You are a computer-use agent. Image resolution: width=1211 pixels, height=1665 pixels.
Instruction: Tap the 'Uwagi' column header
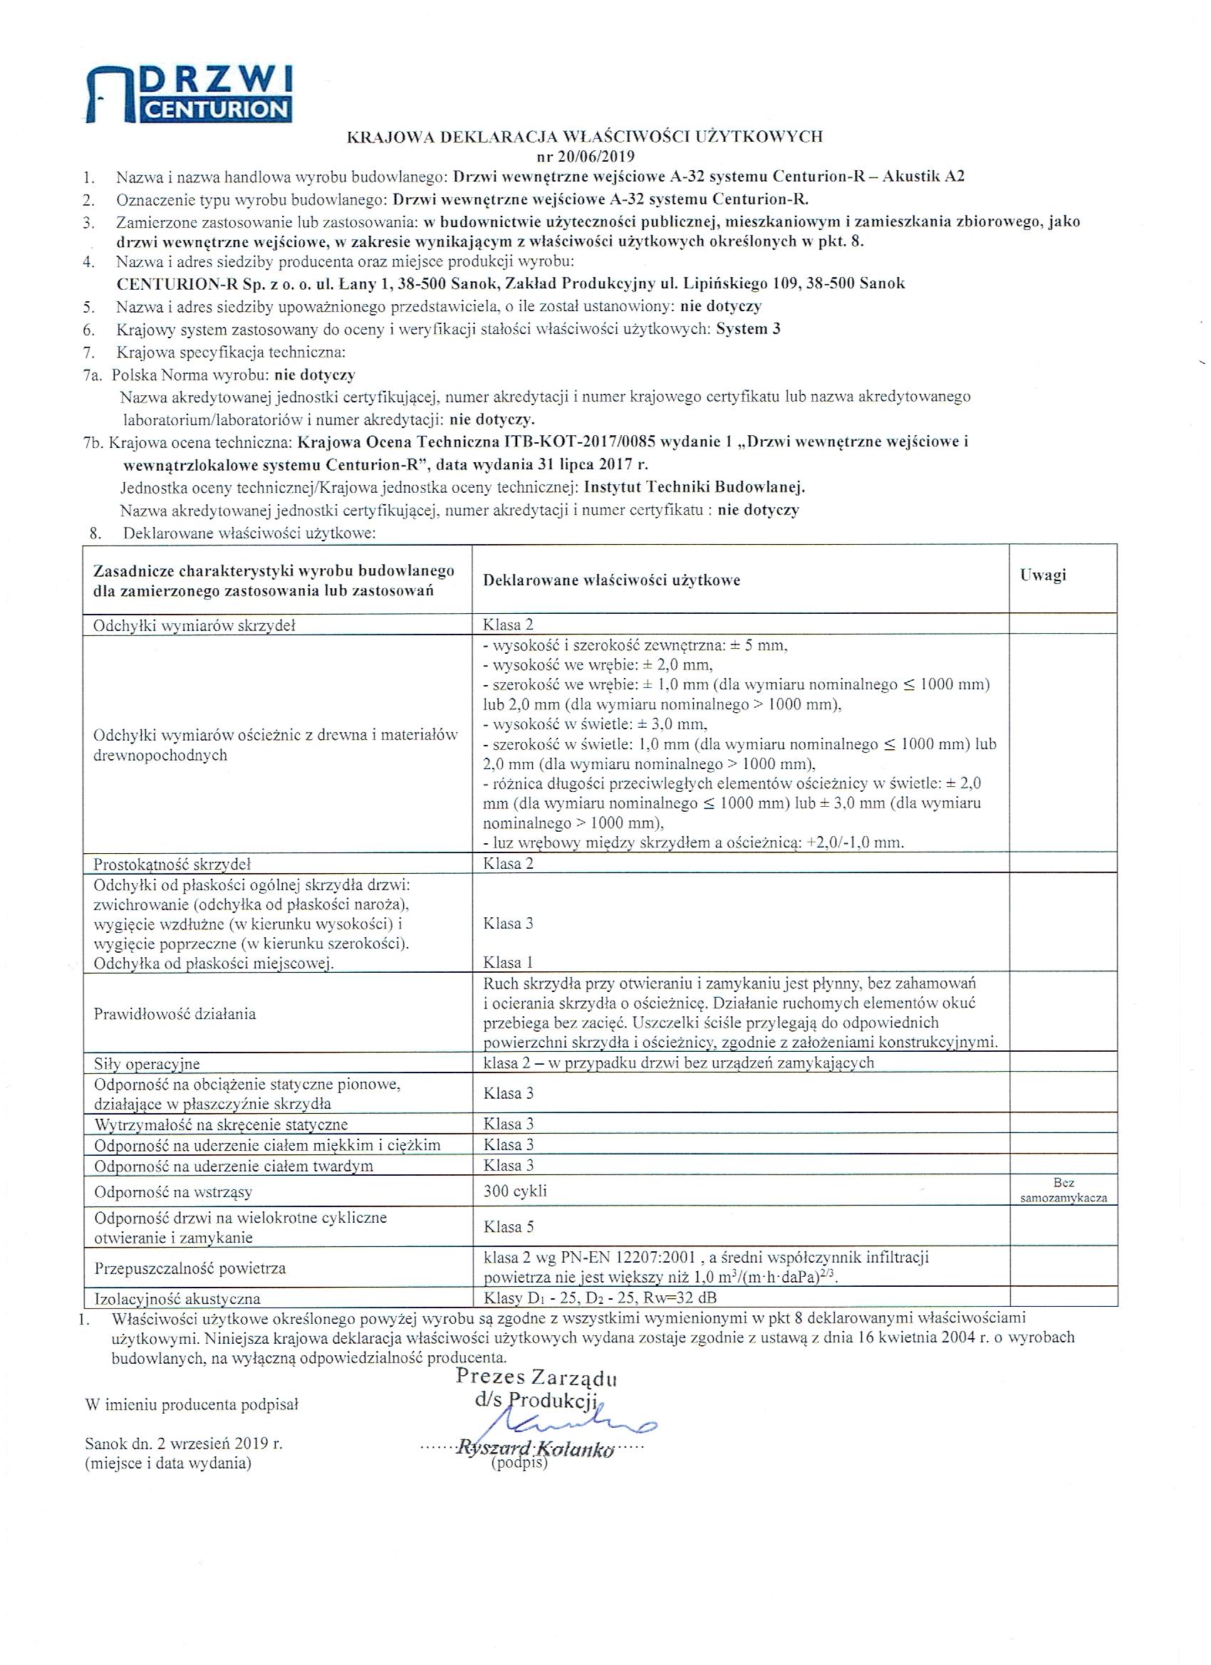coord(1042,575)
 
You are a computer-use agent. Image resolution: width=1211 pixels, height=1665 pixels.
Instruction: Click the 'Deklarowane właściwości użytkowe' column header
coord(611,580)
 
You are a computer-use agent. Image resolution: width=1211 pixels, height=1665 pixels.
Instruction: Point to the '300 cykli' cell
coord(515,1191)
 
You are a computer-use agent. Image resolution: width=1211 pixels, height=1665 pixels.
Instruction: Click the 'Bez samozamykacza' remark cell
coord(1064,1190)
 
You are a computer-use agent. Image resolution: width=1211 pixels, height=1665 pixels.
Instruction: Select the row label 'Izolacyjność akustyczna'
coord(177,1299)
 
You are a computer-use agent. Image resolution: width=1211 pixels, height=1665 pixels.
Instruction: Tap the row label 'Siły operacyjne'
coord(147,1064)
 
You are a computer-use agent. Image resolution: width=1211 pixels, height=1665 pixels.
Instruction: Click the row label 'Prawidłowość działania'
coord(175,1014)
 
